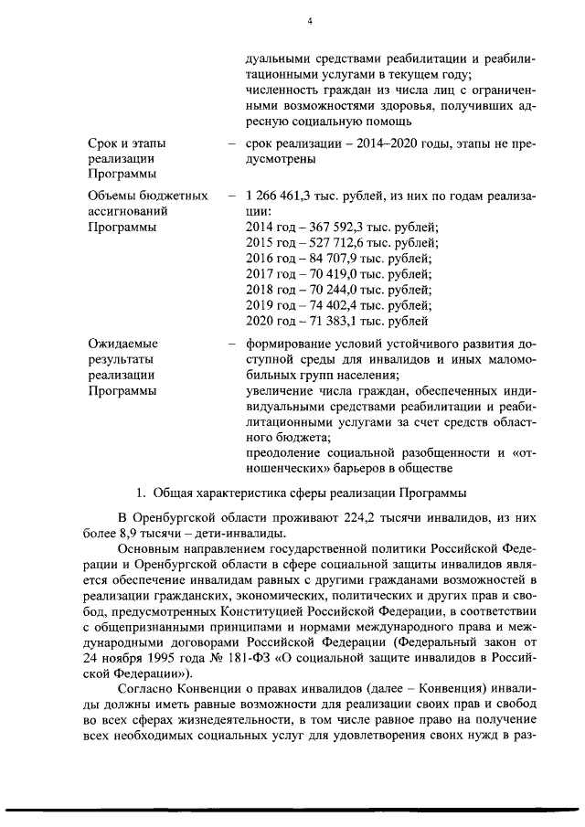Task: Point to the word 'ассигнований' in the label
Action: click(128, 211)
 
